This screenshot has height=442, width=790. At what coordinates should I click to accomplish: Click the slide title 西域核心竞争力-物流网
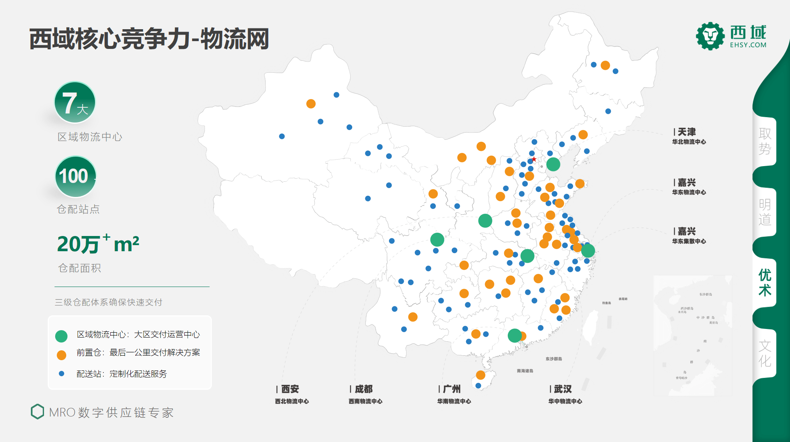pos(149,39)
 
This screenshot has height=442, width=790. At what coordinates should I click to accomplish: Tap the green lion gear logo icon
pos(710,36)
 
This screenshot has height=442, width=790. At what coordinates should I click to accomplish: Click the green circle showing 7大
pos(75,102)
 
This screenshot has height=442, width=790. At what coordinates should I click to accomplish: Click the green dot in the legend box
pos(61,336)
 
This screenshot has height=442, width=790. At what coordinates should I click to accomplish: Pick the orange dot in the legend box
pos(61,355)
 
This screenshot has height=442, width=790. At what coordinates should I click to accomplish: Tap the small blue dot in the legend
pos(61,374)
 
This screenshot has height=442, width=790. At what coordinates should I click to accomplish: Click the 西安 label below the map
pos(290,389)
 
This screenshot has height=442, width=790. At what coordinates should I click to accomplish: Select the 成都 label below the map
pos(363,389)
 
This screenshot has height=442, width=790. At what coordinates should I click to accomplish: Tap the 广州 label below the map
pos(452,389)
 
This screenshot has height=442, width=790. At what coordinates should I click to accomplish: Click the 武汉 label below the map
pos(562,389)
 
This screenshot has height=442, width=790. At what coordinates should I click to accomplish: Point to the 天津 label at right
pos(687,132)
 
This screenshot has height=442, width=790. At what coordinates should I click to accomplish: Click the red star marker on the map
pos(534,159)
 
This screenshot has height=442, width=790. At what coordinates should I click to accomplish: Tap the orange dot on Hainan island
pos(481,375)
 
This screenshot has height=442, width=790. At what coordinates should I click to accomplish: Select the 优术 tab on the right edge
pos(764,282)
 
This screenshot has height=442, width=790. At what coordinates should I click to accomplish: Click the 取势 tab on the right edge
pos(764,141)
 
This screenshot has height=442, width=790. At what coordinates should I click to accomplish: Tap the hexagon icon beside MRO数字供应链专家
pos(37,412)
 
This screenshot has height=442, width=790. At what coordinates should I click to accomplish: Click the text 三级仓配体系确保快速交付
pos(109,302)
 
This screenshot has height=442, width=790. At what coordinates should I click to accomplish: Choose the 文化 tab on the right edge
pos(764,353)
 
